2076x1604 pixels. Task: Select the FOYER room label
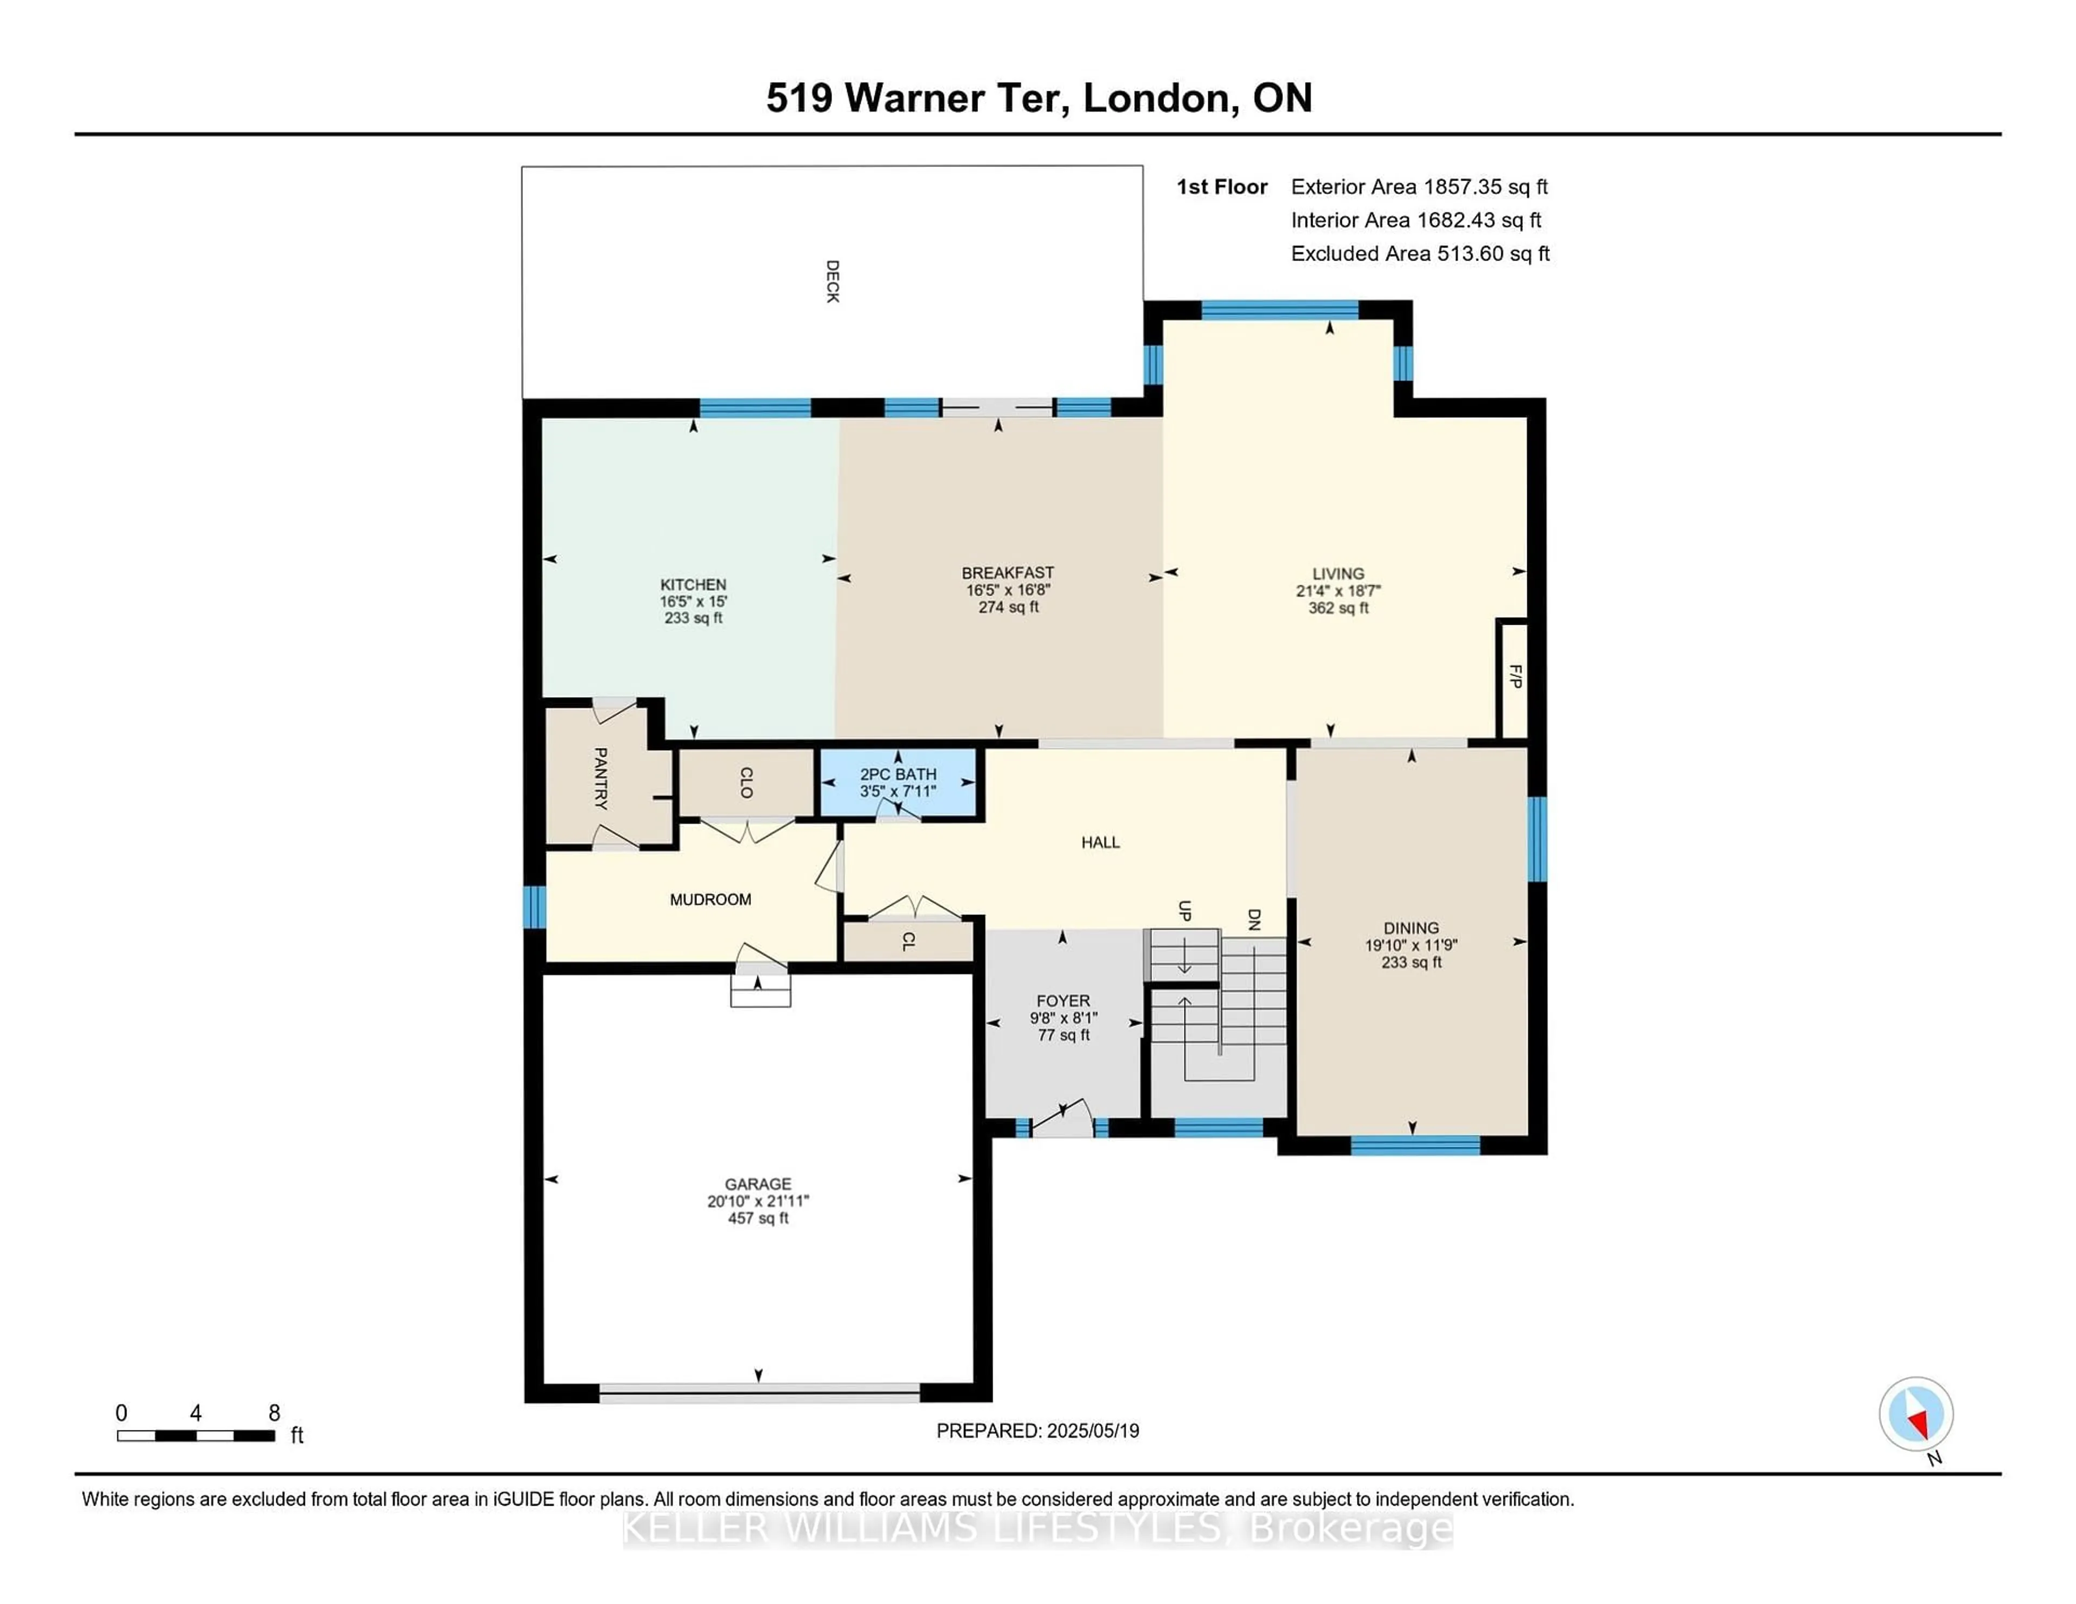point(1063,1000)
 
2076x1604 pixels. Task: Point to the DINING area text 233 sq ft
point(1412,961)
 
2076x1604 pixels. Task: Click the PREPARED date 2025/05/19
point(1093,1430)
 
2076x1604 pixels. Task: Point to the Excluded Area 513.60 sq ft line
point(1420,253)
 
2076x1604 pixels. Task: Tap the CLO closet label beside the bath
point(746,783)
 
